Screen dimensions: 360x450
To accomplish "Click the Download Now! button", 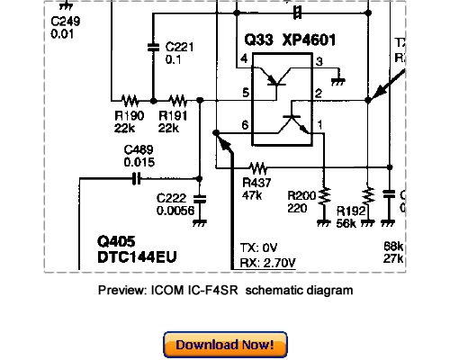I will (x=225, y=345).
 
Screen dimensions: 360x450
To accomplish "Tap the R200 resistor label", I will (x=301, y=194).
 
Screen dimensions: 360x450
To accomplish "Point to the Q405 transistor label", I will (x=118, y=242).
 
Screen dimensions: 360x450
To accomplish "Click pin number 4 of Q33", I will (x=244, y=60).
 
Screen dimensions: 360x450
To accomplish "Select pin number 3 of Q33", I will (x=319, y=60).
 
